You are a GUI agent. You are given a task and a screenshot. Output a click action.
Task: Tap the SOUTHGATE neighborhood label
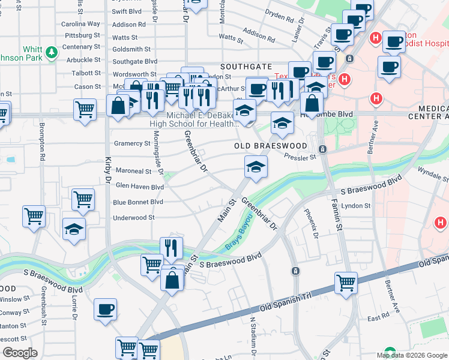tap(246, 67)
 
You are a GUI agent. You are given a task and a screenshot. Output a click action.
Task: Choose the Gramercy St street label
tap(131, 143)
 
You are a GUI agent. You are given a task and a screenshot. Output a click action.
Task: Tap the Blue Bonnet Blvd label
tap(138, 202)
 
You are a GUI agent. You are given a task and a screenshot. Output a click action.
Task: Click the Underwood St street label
tap(134, 218)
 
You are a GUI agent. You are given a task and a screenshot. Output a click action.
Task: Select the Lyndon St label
tap(355, 206)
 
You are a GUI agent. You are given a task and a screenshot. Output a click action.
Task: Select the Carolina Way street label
tap(81, 24)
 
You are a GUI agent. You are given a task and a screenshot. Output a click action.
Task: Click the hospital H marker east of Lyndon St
tap(440, 223)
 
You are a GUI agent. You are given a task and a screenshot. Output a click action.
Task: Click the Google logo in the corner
tap(19, 353)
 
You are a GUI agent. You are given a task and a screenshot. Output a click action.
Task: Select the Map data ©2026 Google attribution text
tap(411, 355)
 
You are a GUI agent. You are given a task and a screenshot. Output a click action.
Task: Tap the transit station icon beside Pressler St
tap(323, 149)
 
